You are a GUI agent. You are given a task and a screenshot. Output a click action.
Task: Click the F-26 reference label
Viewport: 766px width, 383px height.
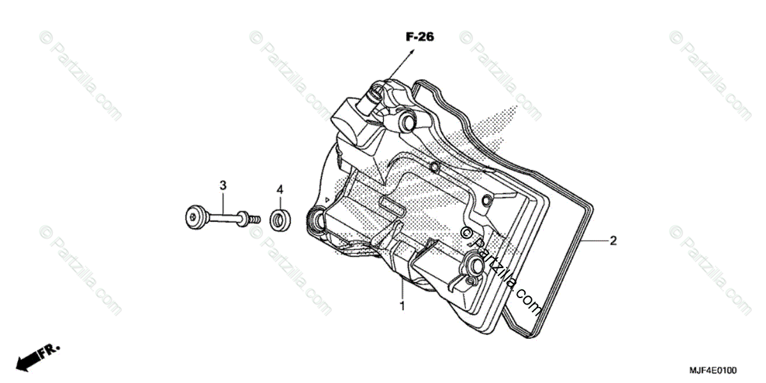[419, 38]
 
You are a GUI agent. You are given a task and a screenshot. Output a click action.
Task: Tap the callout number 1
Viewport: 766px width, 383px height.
[402, 306]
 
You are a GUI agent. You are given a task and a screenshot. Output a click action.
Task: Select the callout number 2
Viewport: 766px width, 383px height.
[613, 241]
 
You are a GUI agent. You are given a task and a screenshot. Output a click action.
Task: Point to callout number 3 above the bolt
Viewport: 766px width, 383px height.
[223, 186]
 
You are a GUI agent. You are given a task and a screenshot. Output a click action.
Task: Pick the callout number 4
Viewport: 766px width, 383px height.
[279, 190]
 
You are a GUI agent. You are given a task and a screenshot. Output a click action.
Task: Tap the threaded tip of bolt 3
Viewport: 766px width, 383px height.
[255, 218]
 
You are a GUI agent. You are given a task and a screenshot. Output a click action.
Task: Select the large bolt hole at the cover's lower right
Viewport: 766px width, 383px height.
[476, 262]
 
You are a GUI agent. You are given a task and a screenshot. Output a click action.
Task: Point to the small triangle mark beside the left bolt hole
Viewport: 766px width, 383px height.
[326, 200]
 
